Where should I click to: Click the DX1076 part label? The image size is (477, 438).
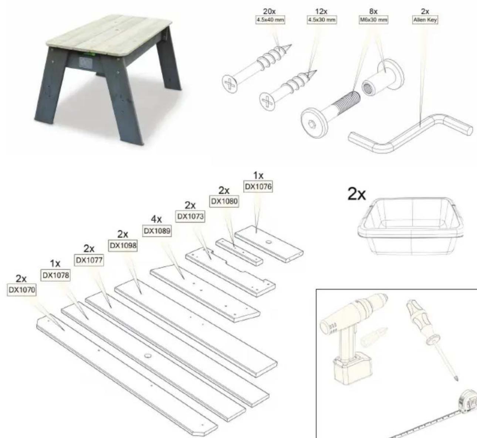(x=258, y=187)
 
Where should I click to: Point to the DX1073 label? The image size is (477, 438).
(x=190, y=217)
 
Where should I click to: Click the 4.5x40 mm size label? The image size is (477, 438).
(x=270, y=20)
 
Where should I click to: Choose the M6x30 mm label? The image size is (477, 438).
(x=373, y=20)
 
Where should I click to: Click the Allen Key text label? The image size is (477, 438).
(x=425, y=20)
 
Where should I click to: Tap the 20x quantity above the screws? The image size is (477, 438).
(x=270, y=12)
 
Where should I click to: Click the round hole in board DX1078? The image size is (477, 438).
(x=148, y=356)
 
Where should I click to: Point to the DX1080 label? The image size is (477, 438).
(x=223, y=201)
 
